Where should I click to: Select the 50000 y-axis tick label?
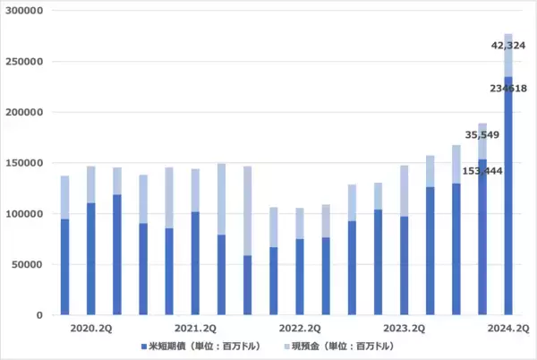tap(30, 264)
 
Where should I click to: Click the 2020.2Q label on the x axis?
tap(90, 329)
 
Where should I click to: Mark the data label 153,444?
tap(481, 170)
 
